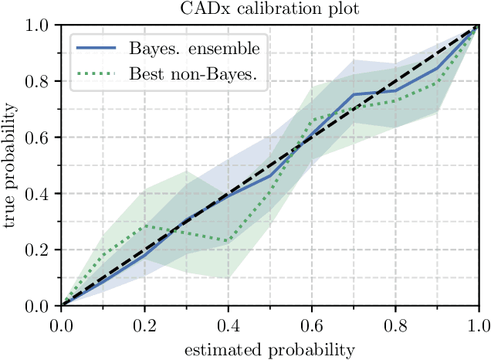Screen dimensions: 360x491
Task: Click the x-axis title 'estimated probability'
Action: tap(269, 349)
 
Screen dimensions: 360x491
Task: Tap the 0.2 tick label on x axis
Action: tap(144, 324)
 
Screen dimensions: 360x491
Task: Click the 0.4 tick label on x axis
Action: tap(228, 324)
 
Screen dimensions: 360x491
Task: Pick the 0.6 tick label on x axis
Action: tap(312, 324)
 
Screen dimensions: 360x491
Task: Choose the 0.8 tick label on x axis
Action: tap(395, 324)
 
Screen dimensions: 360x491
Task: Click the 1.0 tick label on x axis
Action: tap(479, 324)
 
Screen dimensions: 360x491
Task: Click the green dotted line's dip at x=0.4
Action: tap(228, 241)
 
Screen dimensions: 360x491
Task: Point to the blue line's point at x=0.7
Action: tap(354, 95)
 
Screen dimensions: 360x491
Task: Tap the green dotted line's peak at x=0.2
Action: tap(144, 226)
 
